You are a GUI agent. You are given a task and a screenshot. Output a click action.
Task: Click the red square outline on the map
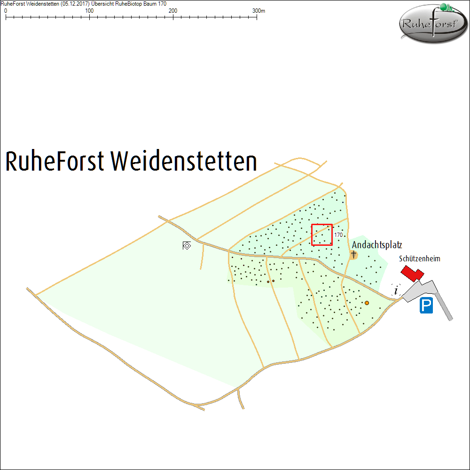tap(322, 235)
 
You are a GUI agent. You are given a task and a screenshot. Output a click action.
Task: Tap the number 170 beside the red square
tap(338, 235)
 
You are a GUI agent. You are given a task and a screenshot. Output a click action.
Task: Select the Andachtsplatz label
tap(377, 245)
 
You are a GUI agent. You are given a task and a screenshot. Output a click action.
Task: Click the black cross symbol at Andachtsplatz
tap(353, 254)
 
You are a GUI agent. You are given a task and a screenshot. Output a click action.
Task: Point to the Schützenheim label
tap(420, 258)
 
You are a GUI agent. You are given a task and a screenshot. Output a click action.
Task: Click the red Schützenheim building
tap(412, 273)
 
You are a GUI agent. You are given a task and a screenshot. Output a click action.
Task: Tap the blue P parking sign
tap(426, 306)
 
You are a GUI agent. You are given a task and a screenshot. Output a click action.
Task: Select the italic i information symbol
tap(396, 290)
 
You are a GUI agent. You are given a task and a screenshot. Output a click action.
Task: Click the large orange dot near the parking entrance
tap(367, 303)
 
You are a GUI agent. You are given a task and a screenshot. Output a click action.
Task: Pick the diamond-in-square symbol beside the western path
tap(187, 245)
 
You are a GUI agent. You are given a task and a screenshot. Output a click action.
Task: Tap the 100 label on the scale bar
tap(89, 10)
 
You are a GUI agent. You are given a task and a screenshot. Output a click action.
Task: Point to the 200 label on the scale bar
tap(173, 10)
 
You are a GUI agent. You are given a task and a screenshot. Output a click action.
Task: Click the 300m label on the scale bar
tap(259, 10)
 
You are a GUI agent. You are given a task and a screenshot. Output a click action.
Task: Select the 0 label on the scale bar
tap(6, 10)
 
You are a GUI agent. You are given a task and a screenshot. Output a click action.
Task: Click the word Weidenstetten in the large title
tap(184, 161)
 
